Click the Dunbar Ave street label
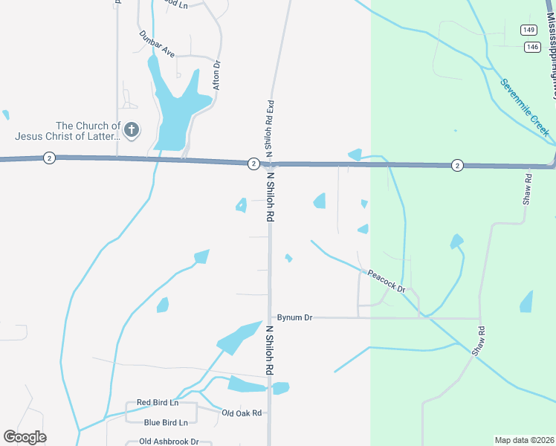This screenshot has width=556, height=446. (156, 44)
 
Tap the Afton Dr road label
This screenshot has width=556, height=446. (217, 75)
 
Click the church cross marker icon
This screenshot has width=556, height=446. (131, 131)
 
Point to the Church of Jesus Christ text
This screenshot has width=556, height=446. (67, 131)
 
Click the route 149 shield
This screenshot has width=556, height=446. (528, 30)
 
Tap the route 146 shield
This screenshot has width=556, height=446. (531, 46)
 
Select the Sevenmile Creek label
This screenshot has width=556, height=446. (524, 108)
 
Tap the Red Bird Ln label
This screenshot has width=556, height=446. (158, 403)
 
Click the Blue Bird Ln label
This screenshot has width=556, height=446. (166, 422)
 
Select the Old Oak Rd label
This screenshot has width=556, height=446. (242, 413)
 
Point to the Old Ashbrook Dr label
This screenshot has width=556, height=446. (169, 442)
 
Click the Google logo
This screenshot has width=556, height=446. (25, 437)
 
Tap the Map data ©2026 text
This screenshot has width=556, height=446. (524, 440)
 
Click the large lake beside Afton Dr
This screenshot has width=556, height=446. (173, 111)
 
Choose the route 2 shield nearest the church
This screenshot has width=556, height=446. (48, 158)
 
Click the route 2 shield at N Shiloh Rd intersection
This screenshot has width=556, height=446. (253, 164)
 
